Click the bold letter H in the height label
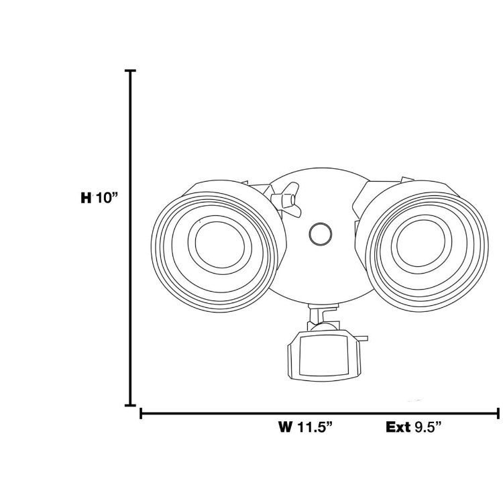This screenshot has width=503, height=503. [x=86, y=198]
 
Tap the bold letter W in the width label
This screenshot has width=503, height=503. [x=285, y=427]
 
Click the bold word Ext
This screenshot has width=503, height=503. [x=398, y=427]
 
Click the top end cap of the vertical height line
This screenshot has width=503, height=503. [x=130, y=70]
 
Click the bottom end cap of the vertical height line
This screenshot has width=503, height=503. [x=130, y=405]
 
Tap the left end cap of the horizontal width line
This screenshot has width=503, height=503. [x=141, y=413]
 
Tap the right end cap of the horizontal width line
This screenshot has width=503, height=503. [x=498, y=413]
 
